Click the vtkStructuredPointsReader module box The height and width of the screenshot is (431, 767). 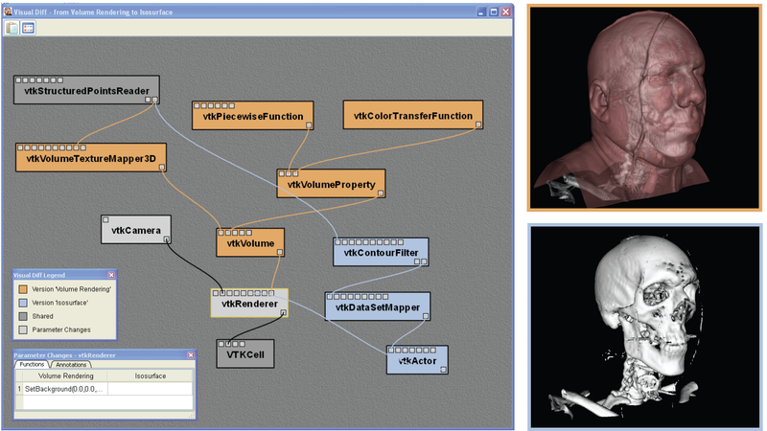pyautogui.click(x=86, y=89)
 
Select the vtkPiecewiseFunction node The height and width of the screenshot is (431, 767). pyautogui.click(x=252, y=115)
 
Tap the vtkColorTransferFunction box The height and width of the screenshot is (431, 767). pyautogui.click(x=413, y=115)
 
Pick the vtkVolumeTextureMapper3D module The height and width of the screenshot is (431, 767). pyautogui.click(x=91, y=157)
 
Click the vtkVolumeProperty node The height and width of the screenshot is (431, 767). pyautogui.click(x=331, y=184)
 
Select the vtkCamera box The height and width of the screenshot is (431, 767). pyautogui.click(x=136, y=229)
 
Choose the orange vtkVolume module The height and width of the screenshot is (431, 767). pyautogui.click(x=250, y=242)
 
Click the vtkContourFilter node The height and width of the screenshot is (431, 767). pyautogui.click(x=381, y=252)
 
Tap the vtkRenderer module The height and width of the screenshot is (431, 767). pyautogui.click(x=249, y=303)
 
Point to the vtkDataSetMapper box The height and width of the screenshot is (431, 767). pyautogui.click(x=378, y=306)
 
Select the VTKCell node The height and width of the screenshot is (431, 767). pyautogui.click(x=245, y=353)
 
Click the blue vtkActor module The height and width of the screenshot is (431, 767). pyautogui.click(x=417, y=360)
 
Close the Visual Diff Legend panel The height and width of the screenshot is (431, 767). pyautogui.click(x=111, y=275)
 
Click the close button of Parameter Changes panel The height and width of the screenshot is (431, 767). pyautogui.click(x=191, y=355)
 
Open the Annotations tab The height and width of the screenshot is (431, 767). pyautogui.click(x=71, y=365)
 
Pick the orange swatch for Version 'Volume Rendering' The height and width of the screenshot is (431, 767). pyautogui.click(x=23, y=289)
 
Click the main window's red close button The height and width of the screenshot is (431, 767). pyautogui.click(x=506, y=11)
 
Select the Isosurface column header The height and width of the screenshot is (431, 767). pyautogui.click(x=151, y=375)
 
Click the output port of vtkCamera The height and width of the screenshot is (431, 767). pyautogui.click(x=166, y=239)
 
